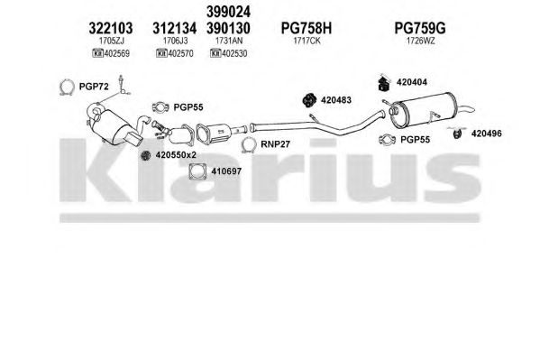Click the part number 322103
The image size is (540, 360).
point(111,28)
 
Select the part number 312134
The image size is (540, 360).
point(175,28)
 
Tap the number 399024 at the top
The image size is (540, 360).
point(228,12)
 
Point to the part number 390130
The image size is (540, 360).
point(228,28)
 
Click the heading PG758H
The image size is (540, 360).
point(307,28)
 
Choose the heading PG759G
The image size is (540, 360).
point(420,28)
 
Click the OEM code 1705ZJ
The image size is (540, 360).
point(111,41)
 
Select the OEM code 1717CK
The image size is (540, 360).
point(307,41)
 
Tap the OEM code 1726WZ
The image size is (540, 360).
point(420,41)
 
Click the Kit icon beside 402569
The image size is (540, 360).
point(97,53)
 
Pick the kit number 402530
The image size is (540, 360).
point(234,53)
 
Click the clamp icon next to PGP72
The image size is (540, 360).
point(67,87)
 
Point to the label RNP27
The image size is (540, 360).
point(275,144)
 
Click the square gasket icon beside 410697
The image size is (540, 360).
point(197,171)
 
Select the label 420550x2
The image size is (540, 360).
point(176,155)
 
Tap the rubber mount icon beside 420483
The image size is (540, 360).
point(309,100)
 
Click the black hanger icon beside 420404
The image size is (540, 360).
point(384,83)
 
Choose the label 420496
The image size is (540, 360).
point(486,134)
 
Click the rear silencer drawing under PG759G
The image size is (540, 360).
point(427,109)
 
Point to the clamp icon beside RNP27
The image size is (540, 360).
point(248,145)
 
